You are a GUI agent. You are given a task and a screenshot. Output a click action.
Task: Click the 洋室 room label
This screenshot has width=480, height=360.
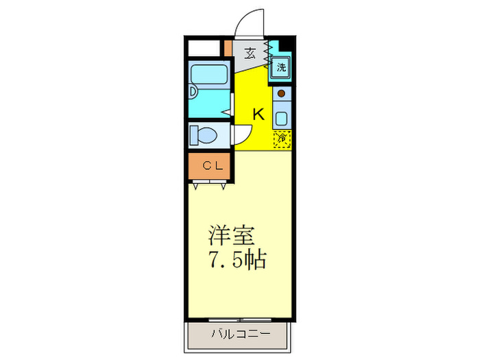(x=232, y=237)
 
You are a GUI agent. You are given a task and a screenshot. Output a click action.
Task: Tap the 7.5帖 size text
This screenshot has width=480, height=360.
(x=236, y=261)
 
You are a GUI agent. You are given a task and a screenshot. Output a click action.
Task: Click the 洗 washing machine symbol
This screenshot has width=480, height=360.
(x=281, y=67)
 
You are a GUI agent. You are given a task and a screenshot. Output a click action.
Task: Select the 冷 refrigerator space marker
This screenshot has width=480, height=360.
(x=281, y=138)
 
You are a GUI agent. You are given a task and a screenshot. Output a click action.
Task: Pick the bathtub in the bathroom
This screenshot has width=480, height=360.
(x=210, y=74)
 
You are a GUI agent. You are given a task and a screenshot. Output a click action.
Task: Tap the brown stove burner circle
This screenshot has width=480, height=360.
(x=281, y=94)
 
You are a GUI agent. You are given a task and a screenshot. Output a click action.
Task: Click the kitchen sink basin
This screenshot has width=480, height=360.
(x=281, y=115)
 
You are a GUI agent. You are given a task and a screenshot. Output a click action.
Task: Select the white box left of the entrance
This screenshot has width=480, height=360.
(x=204, y=49)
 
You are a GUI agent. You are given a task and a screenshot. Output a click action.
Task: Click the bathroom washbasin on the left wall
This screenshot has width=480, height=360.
(x=193, y=91)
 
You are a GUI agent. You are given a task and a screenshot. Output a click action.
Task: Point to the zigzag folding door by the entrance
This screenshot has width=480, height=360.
(x=268, y=56)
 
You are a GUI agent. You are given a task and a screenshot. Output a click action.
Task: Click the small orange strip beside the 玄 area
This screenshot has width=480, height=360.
(x=228, y=49)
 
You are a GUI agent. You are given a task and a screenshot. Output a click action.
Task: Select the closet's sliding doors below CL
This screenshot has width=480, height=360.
(x=210, y=182)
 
